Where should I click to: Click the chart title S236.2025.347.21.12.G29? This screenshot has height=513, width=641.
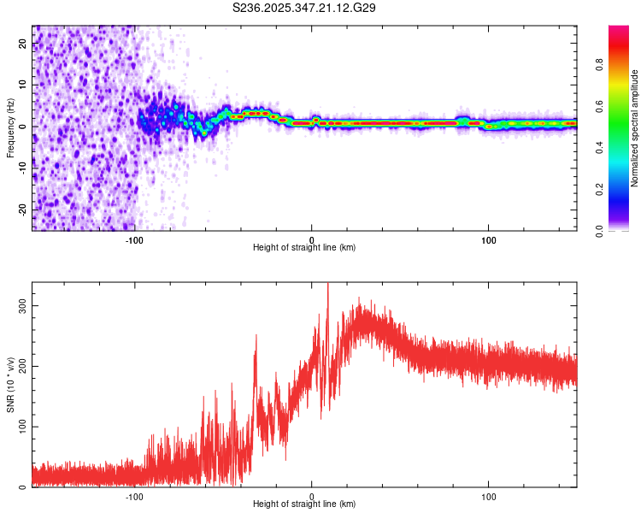pyautogui.click(x=305, y=8)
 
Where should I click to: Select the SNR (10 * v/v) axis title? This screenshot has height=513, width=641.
pyautogui.click(x=10, y=384)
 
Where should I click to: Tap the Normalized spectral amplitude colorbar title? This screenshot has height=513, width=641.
pyautogui.click(x=635, y=128)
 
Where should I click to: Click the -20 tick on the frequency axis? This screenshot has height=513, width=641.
pyautogui.click(x=23, y=209)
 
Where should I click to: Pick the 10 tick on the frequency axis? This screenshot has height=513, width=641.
pyautogui.click(x=23, y=85)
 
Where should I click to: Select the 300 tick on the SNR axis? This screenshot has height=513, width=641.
pyautogui.click(x=23, y=304)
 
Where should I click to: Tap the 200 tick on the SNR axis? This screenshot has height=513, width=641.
pyautogui.click(x=23, y=365)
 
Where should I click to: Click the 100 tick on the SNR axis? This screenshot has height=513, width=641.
pyautogui.click(x=23, y=426)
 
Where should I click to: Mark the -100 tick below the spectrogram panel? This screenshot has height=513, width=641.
pyautogui.click(x=134, y=239)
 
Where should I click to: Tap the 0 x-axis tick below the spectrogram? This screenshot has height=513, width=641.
pyautogui.click(x=312, y=239)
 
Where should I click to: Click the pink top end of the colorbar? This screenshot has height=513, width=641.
pyautogui.click(x=619, y=29)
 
